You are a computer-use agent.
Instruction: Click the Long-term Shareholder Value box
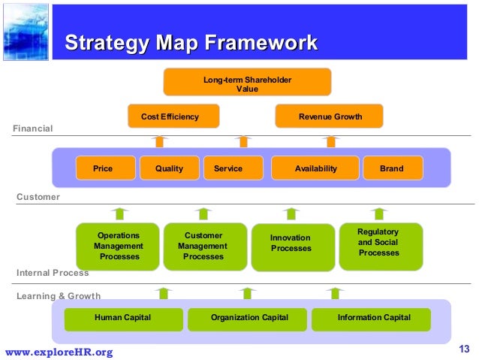point(247,83)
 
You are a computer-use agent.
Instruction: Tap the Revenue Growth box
point(330,116)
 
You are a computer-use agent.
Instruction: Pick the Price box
point(104,168)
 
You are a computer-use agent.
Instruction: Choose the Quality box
point(170,168)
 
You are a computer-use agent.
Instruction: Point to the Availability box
point(315,168)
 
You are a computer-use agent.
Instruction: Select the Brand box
point(391,168)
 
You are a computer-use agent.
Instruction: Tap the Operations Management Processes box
point(119,246)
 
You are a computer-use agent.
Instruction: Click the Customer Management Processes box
point(203,246)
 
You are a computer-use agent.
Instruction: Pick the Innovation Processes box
point(292,246)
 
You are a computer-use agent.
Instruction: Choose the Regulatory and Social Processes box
point(379,244)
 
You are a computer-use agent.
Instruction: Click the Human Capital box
point(122,318)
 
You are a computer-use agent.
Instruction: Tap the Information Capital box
point(374,318)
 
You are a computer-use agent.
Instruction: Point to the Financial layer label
point(33,129)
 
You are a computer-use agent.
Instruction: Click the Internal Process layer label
point(53,273)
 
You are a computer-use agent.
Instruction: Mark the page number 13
point(462,349)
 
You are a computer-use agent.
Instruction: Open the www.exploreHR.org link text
point(59,352)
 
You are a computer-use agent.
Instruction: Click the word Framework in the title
point(258,42)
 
